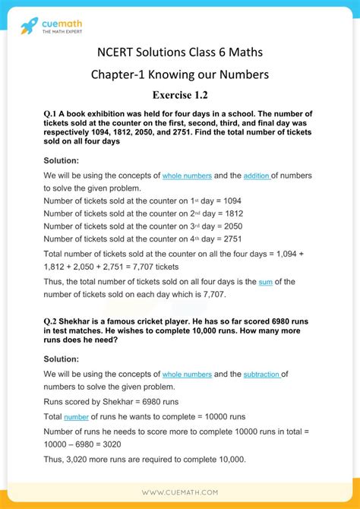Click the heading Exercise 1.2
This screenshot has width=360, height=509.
click(180, 94)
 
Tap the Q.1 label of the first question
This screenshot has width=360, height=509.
click(54, 114)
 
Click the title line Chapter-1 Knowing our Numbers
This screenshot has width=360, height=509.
click(180, 74)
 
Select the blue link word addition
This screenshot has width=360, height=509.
click(257, 176)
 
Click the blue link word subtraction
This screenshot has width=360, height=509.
click(262, 375)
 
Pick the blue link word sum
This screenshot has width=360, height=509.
click(265, 282)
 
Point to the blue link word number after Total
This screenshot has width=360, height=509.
click(77, 417)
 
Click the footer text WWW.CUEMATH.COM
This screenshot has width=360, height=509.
click(180, 492)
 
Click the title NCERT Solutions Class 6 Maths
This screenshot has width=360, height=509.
click(180, 52)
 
